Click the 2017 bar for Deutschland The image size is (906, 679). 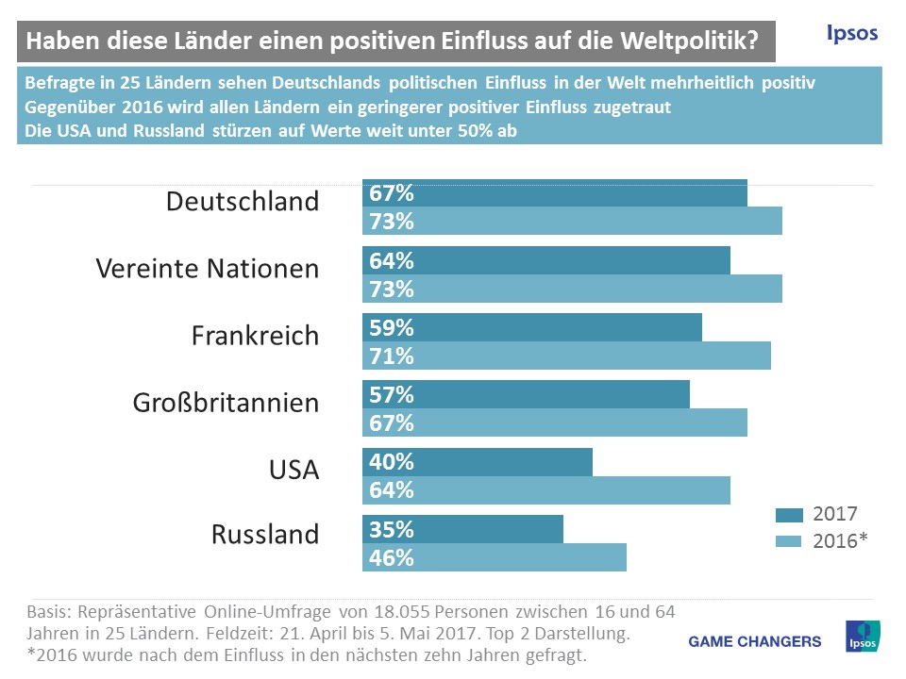pos(555,193)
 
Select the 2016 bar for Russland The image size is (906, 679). pos(495,556)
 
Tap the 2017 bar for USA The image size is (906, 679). pos(478,462)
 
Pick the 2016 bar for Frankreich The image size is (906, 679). pos(566,356)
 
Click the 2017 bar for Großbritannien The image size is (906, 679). pos(526,395)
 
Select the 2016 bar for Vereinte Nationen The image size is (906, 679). pos(572,289)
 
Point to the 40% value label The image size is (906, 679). pos(392,462)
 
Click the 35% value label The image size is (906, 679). pos(392,529)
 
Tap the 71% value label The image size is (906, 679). pos(392,356)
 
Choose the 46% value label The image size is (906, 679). pos(392,556)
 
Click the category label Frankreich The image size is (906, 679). pos(255,336)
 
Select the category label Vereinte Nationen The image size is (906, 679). pos(208,269)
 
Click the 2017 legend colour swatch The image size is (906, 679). pos(788,514)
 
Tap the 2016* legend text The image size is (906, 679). pos(839,540)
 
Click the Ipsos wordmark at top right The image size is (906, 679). pos(851,34)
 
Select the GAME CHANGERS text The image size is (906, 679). pos(755,641)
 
